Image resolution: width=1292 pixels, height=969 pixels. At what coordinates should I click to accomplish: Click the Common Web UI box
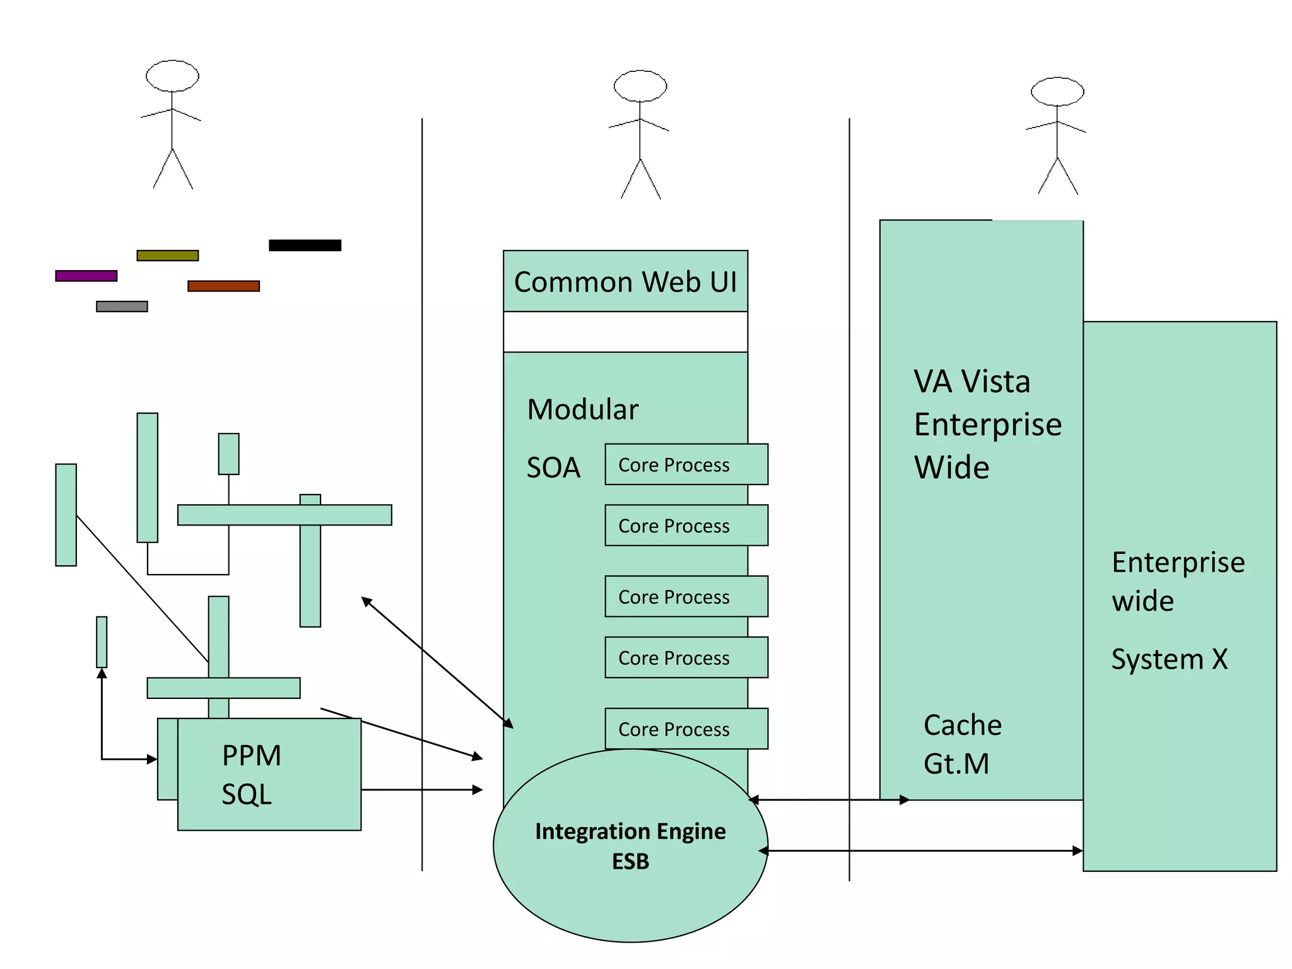pyautogui.click(x=625, y=281)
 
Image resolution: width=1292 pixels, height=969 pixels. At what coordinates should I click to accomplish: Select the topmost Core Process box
pyautogui.click(x=686, y=464)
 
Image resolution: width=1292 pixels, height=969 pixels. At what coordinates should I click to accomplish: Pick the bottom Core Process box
pyautogui.click(x=686, y=729)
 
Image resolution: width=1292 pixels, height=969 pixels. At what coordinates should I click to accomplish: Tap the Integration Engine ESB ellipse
pyautogui.click(x=630, y=846)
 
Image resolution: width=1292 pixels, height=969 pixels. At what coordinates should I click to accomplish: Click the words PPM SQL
pyautogui.click(x=250, y=774)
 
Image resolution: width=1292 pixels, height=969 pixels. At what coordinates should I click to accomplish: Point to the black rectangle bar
pyautogui.click(x=305, y=245)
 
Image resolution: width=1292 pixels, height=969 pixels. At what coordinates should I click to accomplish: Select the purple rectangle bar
pyautogui.click(x=86, y=276)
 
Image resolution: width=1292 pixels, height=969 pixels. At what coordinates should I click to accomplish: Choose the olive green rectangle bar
pyautogui.click(x=167, y=255)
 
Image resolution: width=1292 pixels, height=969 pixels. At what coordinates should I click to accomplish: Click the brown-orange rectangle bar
pyautogui.click(x=223, y=286)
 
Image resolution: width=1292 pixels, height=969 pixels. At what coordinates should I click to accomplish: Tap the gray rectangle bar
pyautogui.click(x=122, y=307)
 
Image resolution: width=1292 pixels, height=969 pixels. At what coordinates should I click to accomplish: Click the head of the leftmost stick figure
pyautogui.click(x=172, y=76)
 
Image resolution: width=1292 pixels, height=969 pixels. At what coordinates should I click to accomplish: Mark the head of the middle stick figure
pyautogui.click(x=640, y=86)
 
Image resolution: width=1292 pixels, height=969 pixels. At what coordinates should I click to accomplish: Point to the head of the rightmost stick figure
pyautogui.click(x=1057, y=92)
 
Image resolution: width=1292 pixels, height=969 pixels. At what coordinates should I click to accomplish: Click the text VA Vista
pyautogui.click(x=972, y=382)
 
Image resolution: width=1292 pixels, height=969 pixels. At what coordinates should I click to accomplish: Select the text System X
pyautogui.click(x=1169, y=659)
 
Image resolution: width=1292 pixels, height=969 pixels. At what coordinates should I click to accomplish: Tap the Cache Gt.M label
pyautogui.click(x=962, y=744)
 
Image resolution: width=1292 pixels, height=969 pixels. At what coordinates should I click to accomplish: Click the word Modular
pyautogui.click(x=582, y=409)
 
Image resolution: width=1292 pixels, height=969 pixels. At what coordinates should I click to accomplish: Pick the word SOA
pyautogui.click(x=553, y=467)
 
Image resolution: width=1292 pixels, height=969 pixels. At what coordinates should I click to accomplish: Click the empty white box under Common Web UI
pyautogui.click(x=625, y=332)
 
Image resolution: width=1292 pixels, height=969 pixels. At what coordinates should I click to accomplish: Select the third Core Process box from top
pyautogui.click(x=686, y=596)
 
